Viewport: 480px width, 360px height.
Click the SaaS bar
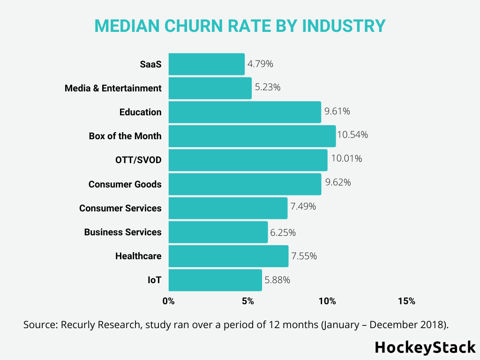(206, 64)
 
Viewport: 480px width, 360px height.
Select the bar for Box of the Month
(252, 136)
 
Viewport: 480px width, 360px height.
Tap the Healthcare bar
(228, 256)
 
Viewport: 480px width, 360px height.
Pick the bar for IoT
(215, 280)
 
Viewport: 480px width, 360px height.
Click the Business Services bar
(218, 232)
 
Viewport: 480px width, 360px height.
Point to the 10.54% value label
(352, 135)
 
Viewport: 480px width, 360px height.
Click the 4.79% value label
(260, 64)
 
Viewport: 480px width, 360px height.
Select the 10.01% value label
(346, 159)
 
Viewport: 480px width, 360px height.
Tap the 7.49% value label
(303, 207)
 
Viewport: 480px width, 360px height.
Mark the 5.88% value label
(277, 280)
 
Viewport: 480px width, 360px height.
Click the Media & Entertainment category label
(113, 88)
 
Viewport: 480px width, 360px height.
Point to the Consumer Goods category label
(125, 184)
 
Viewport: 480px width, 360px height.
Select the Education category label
(140, 112)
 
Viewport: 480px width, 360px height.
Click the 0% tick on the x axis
(168, 301)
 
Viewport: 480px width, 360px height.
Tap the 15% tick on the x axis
(406, 301)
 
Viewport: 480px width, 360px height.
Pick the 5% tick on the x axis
(248, 301)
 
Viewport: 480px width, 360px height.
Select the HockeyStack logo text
(425, 347)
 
